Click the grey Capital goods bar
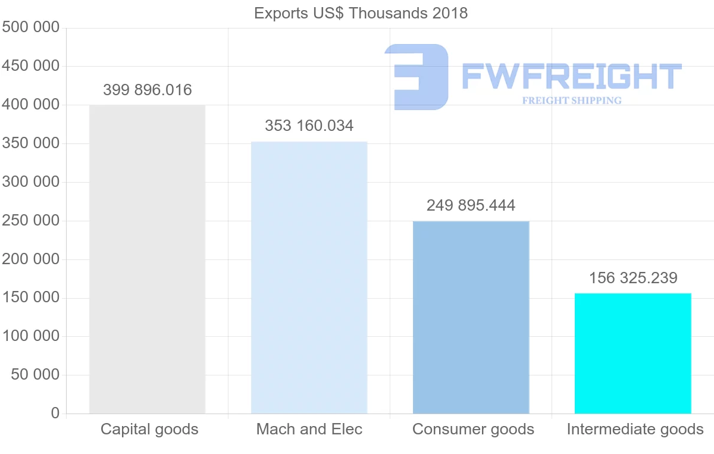147,259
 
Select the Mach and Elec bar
309,277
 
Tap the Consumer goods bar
471,317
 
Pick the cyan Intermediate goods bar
632,353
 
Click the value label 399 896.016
148,90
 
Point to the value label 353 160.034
309,126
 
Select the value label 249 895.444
471,205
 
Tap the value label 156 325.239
633,278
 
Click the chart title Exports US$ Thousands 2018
361,13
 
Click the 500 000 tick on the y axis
30,27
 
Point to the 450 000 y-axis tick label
30,66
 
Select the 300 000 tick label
30,181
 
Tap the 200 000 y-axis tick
30,259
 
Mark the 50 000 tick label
35,374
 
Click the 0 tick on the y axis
55,413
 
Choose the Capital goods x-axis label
149,429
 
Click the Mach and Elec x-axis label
309,429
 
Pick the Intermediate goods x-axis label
635,429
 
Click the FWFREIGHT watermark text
571,76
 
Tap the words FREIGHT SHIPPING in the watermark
571,101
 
